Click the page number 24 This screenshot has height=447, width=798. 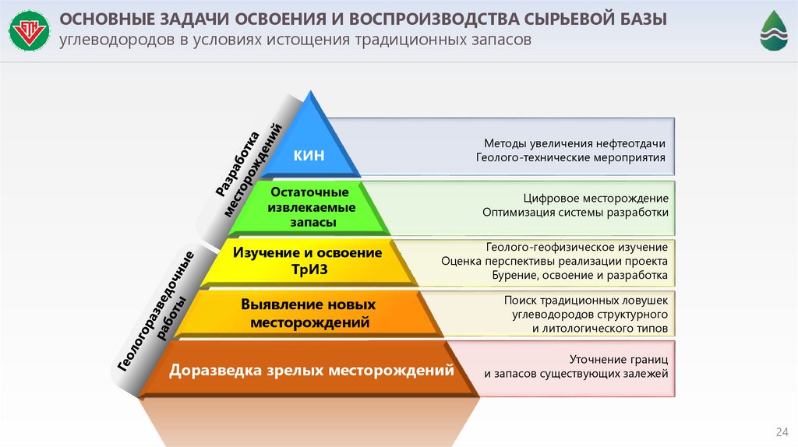[x=779, y=432]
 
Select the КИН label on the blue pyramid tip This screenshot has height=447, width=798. [x=309, y=156]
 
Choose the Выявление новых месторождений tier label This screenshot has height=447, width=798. [x=309, y=312]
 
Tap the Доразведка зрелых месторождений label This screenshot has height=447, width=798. [x=312, y=371]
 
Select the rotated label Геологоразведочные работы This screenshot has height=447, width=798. [x=160, y=311]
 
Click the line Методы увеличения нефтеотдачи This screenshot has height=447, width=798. [x=574, y=143]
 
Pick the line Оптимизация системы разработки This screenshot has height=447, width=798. [x=575, y=212]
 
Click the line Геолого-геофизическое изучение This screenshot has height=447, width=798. [x=577, y=247]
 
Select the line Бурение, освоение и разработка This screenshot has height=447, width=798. [x=580, y=275]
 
